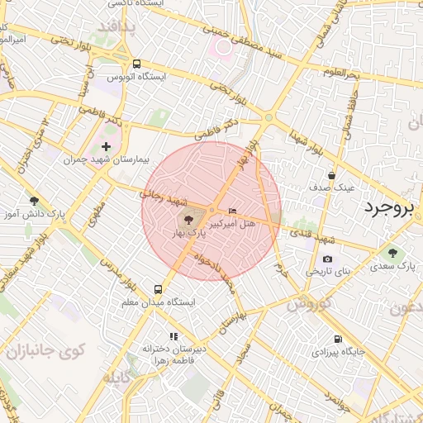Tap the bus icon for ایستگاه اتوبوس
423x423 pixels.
(136, 64)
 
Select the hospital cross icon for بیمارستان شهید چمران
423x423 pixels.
(106, 146)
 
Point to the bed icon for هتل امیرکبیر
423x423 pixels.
(231, 211)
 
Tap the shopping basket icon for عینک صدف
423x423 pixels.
(331, 175)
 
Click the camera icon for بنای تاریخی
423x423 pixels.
(328, 259)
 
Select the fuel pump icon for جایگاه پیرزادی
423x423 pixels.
(337, 340)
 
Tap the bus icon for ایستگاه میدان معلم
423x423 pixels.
(158, 289)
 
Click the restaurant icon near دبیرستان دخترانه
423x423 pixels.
(173, 336)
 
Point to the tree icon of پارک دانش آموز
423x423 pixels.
(34, 201)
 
